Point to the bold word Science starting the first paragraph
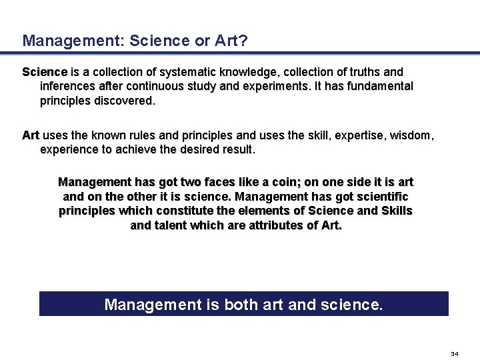coord(45,71)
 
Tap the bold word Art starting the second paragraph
coord(31,135)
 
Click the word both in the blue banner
coord(244,305)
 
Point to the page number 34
coord(455,353)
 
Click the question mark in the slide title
coord(243,41)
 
